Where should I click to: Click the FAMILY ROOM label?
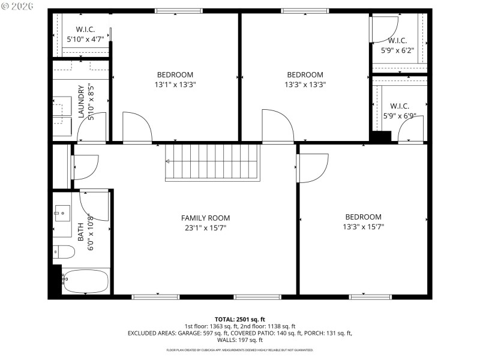pos(205,218)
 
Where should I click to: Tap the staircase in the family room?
pos(213,162)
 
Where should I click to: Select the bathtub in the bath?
pos(86,281)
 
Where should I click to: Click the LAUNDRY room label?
pos(81,101)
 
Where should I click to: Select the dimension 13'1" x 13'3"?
pos(175,85)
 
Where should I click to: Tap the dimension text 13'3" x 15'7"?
pos(363,227)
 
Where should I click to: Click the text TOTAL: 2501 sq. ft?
pos(240,319)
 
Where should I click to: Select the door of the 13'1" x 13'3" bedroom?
pos(136,127)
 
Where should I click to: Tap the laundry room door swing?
pos(92,127)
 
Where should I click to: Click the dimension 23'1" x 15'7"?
pos(205,227)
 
